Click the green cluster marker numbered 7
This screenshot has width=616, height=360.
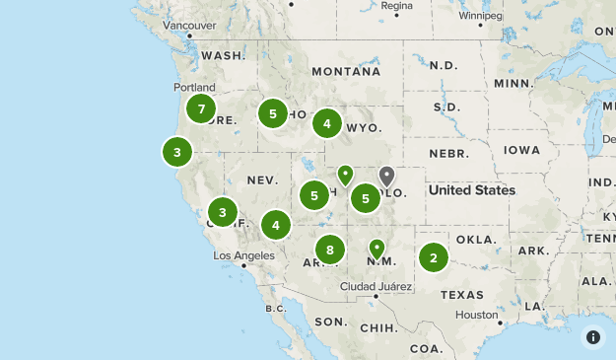(201, 108)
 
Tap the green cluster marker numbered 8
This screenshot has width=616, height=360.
(330, 250)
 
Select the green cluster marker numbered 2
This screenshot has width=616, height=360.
(433, 258)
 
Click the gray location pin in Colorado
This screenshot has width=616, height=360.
(387, 177)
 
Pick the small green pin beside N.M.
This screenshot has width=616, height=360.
(376, 247)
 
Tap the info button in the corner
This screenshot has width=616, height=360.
(592, 336)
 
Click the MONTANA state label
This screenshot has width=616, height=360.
(345, 72)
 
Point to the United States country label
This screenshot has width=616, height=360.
(471, 190)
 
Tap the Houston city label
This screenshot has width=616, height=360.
(477, 315)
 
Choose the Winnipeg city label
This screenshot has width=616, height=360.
(480, 16)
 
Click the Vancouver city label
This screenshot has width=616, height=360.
(188, 25)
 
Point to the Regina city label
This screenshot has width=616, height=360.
(396, 6)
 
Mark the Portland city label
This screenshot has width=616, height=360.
(194, 87)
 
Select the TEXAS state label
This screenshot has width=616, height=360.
(462, 294)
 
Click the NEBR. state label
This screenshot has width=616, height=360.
(447, 154)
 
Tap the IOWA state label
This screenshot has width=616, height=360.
(521, 150)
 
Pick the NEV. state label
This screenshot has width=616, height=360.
(263, 180)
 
